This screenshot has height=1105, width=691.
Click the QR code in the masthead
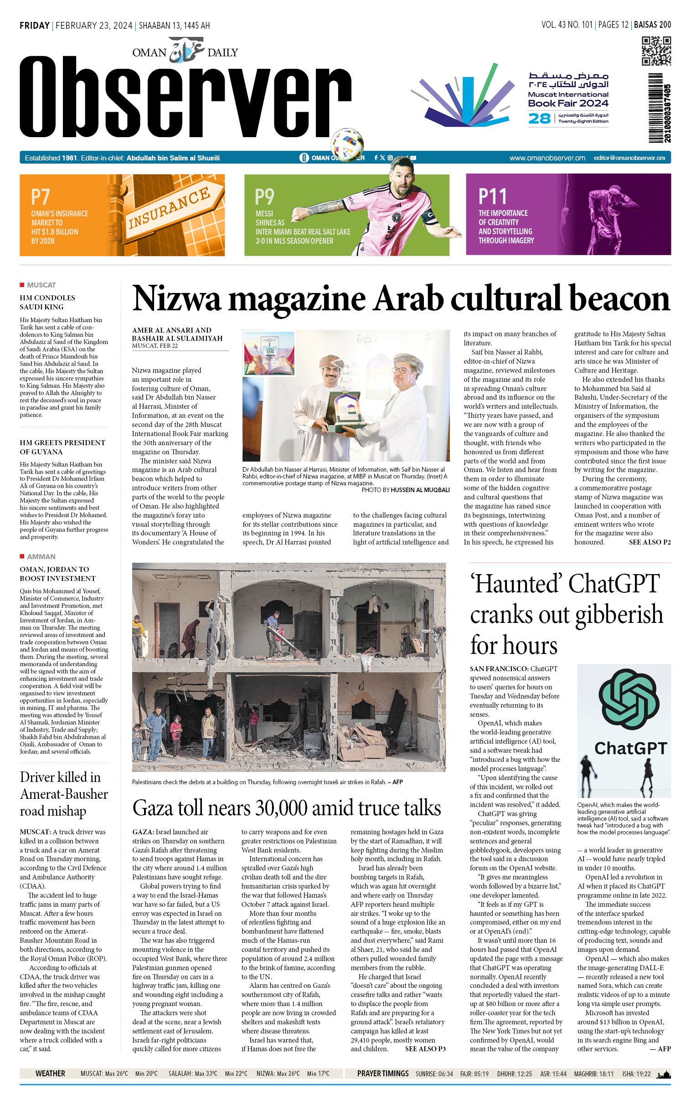656,51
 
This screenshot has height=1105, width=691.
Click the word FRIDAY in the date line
35,26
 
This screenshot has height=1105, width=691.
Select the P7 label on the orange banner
40,197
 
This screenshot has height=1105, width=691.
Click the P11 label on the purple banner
492,197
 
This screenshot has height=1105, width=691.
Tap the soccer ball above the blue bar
347,144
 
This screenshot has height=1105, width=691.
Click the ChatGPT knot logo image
629,699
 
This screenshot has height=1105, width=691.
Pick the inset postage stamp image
269,353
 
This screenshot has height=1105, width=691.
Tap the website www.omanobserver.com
547,158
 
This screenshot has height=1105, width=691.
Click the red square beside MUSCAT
22,285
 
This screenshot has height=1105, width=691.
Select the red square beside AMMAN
22,556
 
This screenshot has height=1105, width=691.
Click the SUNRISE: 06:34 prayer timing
434,1074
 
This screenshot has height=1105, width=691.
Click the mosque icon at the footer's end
664,1074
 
